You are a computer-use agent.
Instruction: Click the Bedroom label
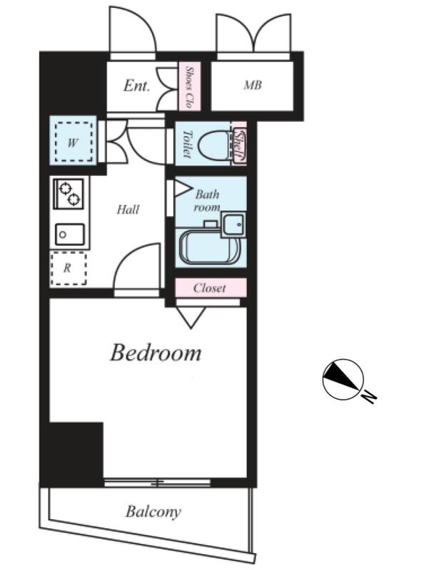click(156, 353)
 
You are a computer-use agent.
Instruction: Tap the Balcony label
click(153, 512)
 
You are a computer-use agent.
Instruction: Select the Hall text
click(128, 209)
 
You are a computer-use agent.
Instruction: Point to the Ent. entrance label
click(136, 85)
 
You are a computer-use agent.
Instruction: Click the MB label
click(253, 85)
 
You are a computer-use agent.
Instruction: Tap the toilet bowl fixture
click(215, 145)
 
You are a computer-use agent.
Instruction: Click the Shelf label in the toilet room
click(239, 145)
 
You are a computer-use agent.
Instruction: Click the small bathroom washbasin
click(233, 224)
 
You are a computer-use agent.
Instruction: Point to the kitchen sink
click(69, 234)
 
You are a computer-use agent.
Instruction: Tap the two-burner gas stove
click(69, 194)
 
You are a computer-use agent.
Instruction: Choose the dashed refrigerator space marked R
click(69, 269)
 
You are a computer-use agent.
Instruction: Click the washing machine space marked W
click(74, 142)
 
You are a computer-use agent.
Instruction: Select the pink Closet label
click(209, 288)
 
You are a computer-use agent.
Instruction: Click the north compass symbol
click(343, 380)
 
